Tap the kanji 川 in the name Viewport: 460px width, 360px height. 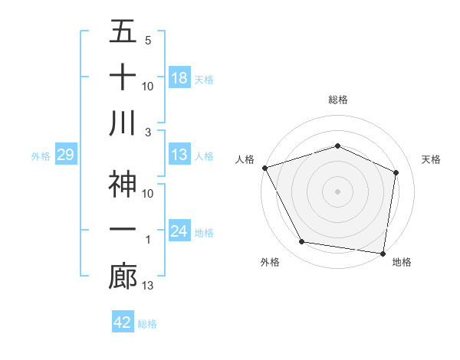(123, 124)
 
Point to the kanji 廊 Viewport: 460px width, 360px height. (123, 277)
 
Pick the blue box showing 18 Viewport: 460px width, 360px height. (179, 77)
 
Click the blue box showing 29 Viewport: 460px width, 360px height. (65, 155)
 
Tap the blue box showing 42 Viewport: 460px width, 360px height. (123, 322)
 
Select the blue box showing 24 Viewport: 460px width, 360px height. (179, 231)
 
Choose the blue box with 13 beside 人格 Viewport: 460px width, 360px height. (179, 155)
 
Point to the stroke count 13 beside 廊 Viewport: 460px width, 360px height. (149, 286)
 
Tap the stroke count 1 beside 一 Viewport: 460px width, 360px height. (147, 241)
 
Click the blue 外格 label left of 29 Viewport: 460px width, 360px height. (41, 156)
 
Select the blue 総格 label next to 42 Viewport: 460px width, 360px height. (147, 324)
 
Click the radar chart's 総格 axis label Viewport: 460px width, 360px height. (337, 100)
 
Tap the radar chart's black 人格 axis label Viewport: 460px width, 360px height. (245, 159)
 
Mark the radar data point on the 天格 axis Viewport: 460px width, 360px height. (396, 172)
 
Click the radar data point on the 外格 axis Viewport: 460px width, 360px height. (302, 242)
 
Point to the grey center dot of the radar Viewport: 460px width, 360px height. (337, 191)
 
